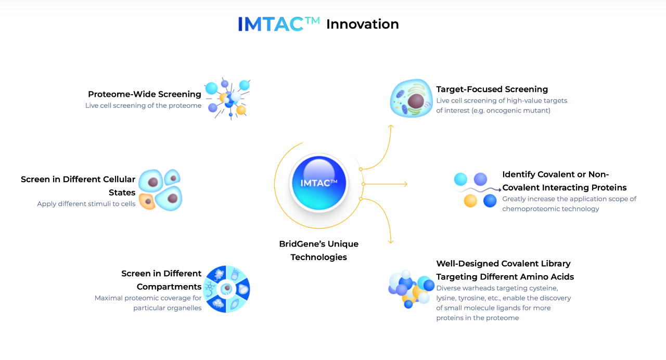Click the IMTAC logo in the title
278,24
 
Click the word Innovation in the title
363,24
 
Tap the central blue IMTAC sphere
319,183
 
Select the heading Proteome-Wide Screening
145,94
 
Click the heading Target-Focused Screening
492,89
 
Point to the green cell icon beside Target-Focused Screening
411,98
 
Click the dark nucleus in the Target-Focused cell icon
416,101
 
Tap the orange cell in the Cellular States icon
147,201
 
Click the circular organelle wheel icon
226,289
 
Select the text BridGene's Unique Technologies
319,250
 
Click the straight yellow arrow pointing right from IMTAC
385,184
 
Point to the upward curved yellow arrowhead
391,126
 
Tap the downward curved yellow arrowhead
391,242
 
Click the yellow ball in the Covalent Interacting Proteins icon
470,201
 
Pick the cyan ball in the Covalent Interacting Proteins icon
460,179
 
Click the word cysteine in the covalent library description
544,288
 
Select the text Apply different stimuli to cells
86,204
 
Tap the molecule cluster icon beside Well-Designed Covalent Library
411,289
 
